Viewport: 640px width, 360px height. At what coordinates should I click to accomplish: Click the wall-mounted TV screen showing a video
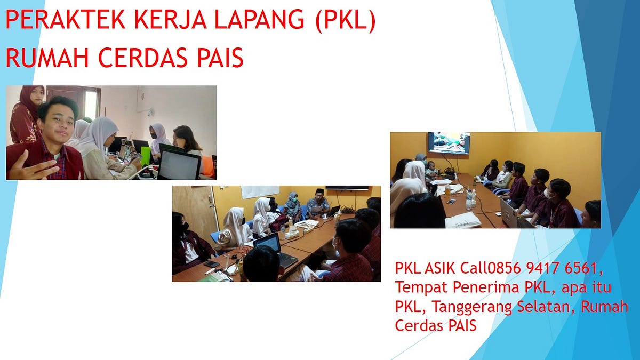point(449,143)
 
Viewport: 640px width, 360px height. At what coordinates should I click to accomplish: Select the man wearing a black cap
point(318,202)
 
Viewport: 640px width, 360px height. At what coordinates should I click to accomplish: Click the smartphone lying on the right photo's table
point(451,201)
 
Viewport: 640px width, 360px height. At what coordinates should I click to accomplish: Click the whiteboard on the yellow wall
point(260,191)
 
